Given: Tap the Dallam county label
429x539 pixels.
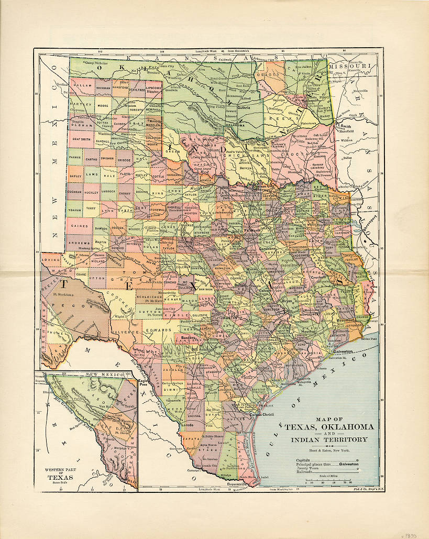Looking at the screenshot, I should [82, 84].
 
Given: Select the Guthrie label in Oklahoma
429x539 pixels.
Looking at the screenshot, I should [244, 108].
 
